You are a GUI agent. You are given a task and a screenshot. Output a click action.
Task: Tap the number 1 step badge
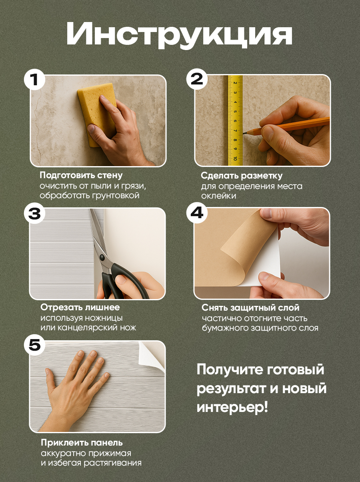[x=34, y=80]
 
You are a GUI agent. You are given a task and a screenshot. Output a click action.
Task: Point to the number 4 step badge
[x=197, y=213]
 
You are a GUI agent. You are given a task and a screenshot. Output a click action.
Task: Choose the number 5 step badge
[x=34, y=345]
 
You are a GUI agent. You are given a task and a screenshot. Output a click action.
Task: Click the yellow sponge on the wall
[x=97, y=114]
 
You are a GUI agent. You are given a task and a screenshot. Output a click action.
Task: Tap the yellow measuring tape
[x=235, y=120]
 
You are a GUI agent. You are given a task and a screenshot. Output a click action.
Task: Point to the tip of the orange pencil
[x=243, y=133]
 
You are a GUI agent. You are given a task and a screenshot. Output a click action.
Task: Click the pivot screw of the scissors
[x=102, y=257]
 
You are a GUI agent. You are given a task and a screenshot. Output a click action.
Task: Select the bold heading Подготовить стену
[x=81, y=175]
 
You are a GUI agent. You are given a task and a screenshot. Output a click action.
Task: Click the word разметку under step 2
[x=262, y=176]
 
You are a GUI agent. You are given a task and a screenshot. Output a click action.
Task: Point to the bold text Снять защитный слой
[x=250, y=307]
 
